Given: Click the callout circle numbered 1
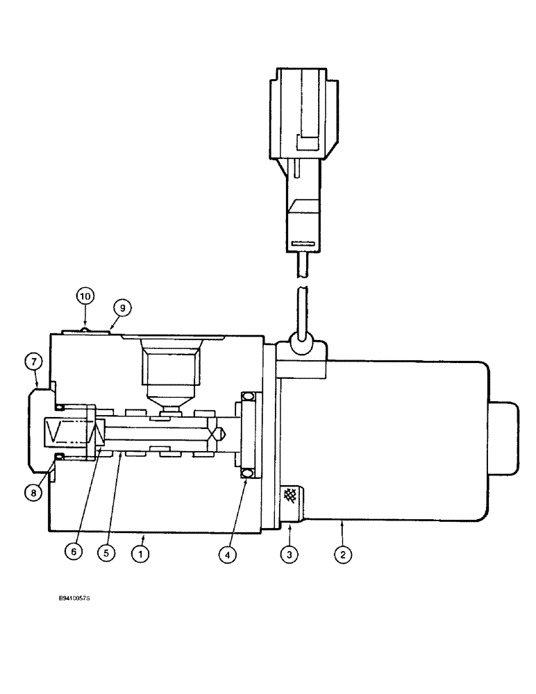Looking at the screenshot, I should (x=142, y=555).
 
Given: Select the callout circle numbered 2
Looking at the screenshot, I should (x=342, y=555).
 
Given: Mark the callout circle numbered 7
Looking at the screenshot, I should (x=36, y=362).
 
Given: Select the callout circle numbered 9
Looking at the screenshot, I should (x=122, y=307).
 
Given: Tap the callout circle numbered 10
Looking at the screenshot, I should (x=85, y=296).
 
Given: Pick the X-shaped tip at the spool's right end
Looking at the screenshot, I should (x=219, y=434).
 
